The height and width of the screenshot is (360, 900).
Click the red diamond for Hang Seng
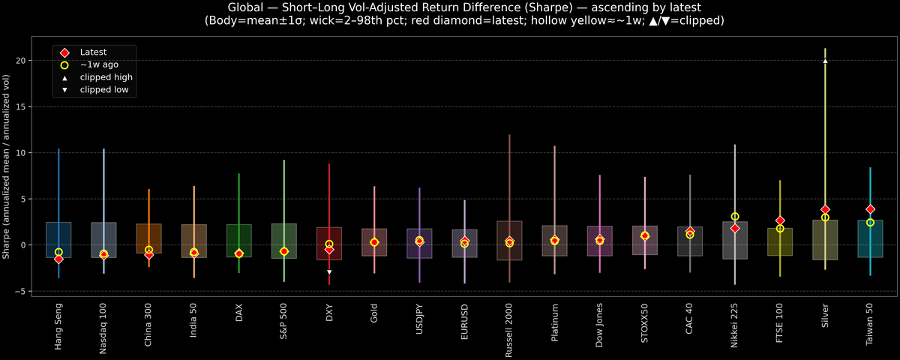[x=58, y=259]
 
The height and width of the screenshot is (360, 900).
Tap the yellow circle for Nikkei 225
[x=735, y=217]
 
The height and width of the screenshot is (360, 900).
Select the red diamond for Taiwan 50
[x=870, y=209]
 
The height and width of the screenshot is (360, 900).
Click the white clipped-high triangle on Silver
[x=825, y=61]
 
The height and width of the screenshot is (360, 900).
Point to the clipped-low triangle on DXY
[x=329, y=272]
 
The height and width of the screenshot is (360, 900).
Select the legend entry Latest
[x=93, y=52]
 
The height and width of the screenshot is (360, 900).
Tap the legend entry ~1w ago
[x=99, y=64]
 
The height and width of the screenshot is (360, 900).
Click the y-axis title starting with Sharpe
[x=7, y=167]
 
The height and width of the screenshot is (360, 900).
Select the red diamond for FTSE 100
[x=780, y=220]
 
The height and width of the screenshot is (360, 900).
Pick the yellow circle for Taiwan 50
[x=870, y=223]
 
